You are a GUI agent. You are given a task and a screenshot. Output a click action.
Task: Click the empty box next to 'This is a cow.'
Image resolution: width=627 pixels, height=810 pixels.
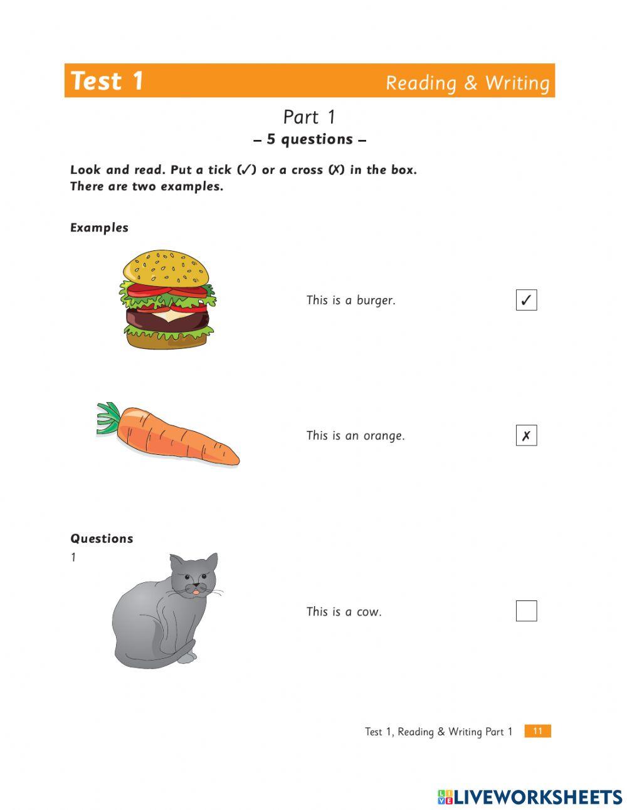tap(526, 610)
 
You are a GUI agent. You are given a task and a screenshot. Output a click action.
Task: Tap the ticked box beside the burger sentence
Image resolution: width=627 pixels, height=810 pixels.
tap(526, 300)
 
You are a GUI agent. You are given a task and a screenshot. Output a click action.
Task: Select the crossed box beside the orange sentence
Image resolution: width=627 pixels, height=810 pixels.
tap(526, 435)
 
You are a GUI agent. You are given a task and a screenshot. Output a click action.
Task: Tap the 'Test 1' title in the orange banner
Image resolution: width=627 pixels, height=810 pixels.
tap(107, 81)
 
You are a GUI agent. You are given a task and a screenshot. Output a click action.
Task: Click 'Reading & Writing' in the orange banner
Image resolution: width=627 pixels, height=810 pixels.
tap(467, 83)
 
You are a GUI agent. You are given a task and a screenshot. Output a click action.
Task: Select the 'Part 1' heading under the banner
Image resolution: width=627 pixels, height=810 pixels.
tap(309, 117)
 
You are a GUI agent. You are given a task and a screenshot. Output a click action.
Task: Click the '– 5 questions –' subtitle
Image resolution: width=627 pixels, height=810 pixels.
tap(310, 139)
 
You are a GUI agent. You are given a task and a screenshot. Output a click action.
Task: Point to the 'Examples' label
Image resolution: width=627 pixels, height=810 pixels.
tap(99, 228)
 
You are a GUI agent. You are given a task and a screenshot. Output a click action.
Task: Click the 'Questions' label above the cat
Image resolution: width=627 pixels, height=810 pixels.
tap(102, 538)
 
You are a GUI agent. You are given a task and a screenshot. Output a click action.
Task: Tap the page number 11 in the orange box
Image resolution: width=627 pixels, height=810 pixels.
tap(537, 731)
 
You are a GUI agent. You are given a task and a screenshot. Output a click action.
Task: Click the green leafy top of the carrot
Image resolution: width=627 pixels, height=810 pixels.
tap(108, 418)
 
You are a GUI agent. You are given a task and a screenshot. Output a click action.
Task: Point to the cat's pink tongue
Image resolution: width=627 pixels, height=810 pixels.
tap(196, 592)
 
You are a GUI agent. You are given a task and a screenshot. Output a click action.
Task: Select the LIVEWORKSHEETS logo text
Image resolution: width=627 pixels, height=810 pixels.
tap(537, 797)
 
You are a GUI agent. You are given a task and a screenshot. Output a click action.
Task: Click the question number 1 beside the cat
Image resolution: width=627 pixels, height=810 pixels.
tap(73, 557)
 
